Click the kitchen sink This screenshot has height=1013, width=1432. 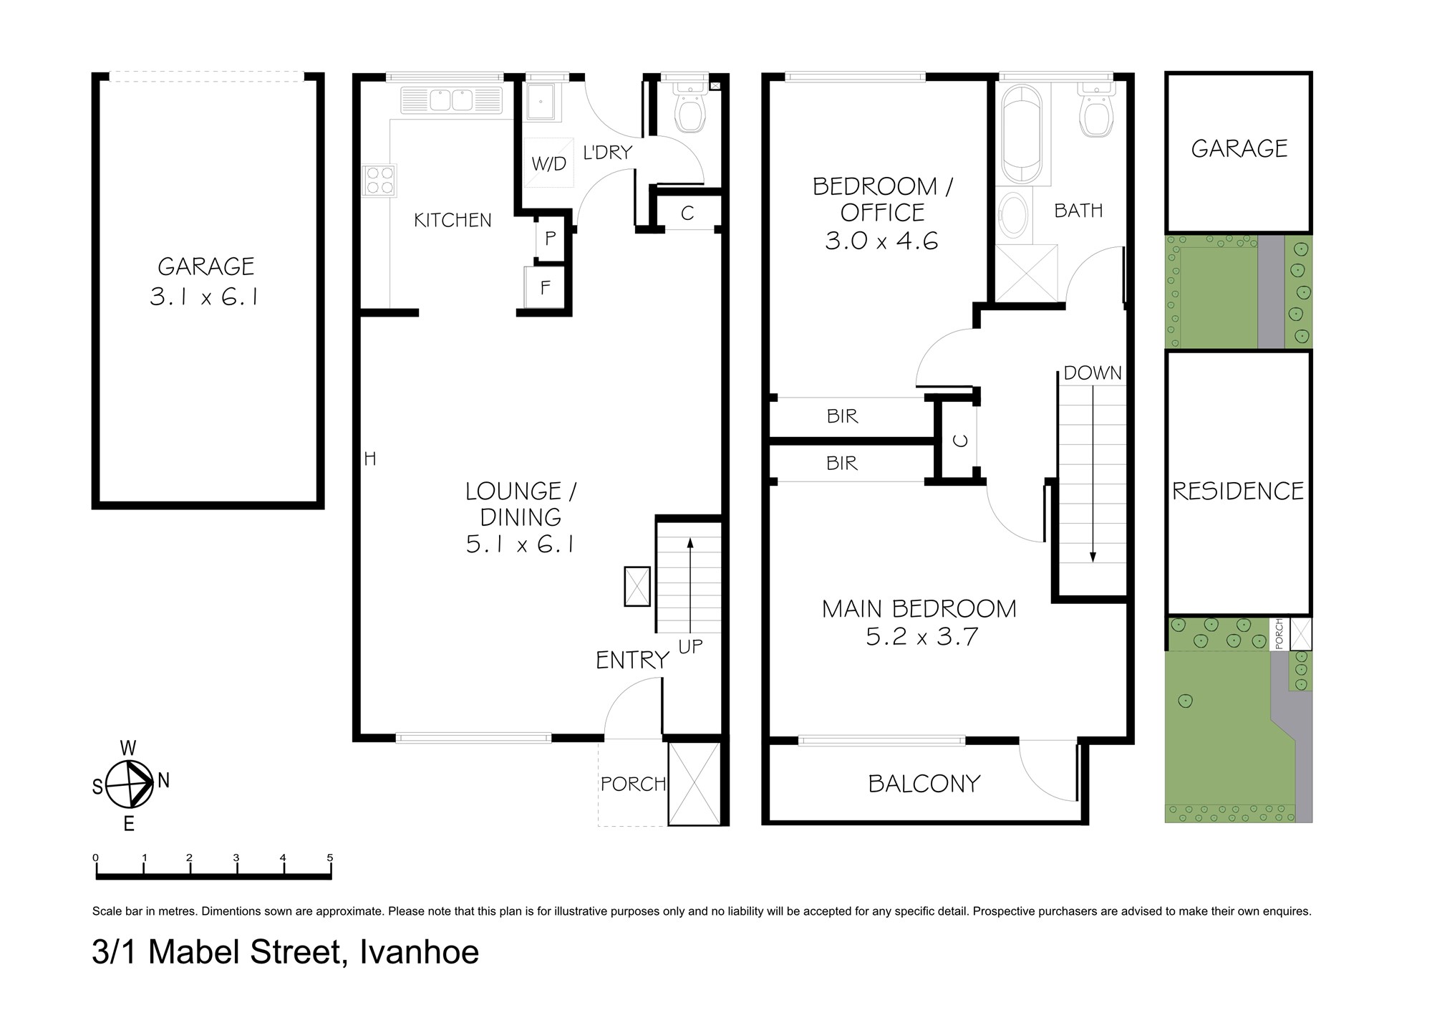[451, 101]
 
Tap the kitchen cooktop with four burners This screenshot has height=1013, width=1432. [379, 180]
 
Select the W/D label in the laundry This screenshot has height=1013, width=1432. [548, 164]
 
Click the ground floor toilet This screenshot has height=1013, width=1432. [690, 107]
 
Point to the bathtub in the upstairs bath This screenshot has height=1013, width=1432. [1021, 135]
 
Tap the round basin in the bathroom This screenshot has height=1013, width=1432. [1013, 214]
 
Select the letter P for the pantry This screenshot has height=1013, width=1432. [550, 239]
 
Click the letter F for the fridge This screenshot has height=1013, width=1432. [546, 288]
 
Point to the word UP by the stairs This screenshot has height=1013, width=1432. [690, 647]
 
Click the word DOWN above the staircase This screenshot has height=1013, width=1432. [1093, 373]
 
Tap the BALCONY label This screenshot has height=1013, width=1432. [924, 784]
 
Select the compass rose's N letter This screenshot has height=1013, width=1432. [164, 781]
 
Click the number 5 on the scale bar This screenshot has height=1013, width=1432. [330, 858]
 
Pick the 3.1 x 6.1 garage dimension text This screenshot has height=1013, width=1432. [205, 297]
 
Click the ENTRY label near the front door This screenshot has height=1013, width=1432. [632, 661]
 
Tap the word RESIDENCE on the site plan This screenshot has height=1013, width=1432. [1238, 491]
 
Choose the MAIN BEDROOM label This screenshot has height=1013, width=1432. [919, 609]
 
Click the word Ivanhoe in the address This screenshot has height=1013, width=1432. [419, 952]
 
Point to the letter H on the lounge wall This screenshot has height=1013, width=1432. [370, 459]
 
